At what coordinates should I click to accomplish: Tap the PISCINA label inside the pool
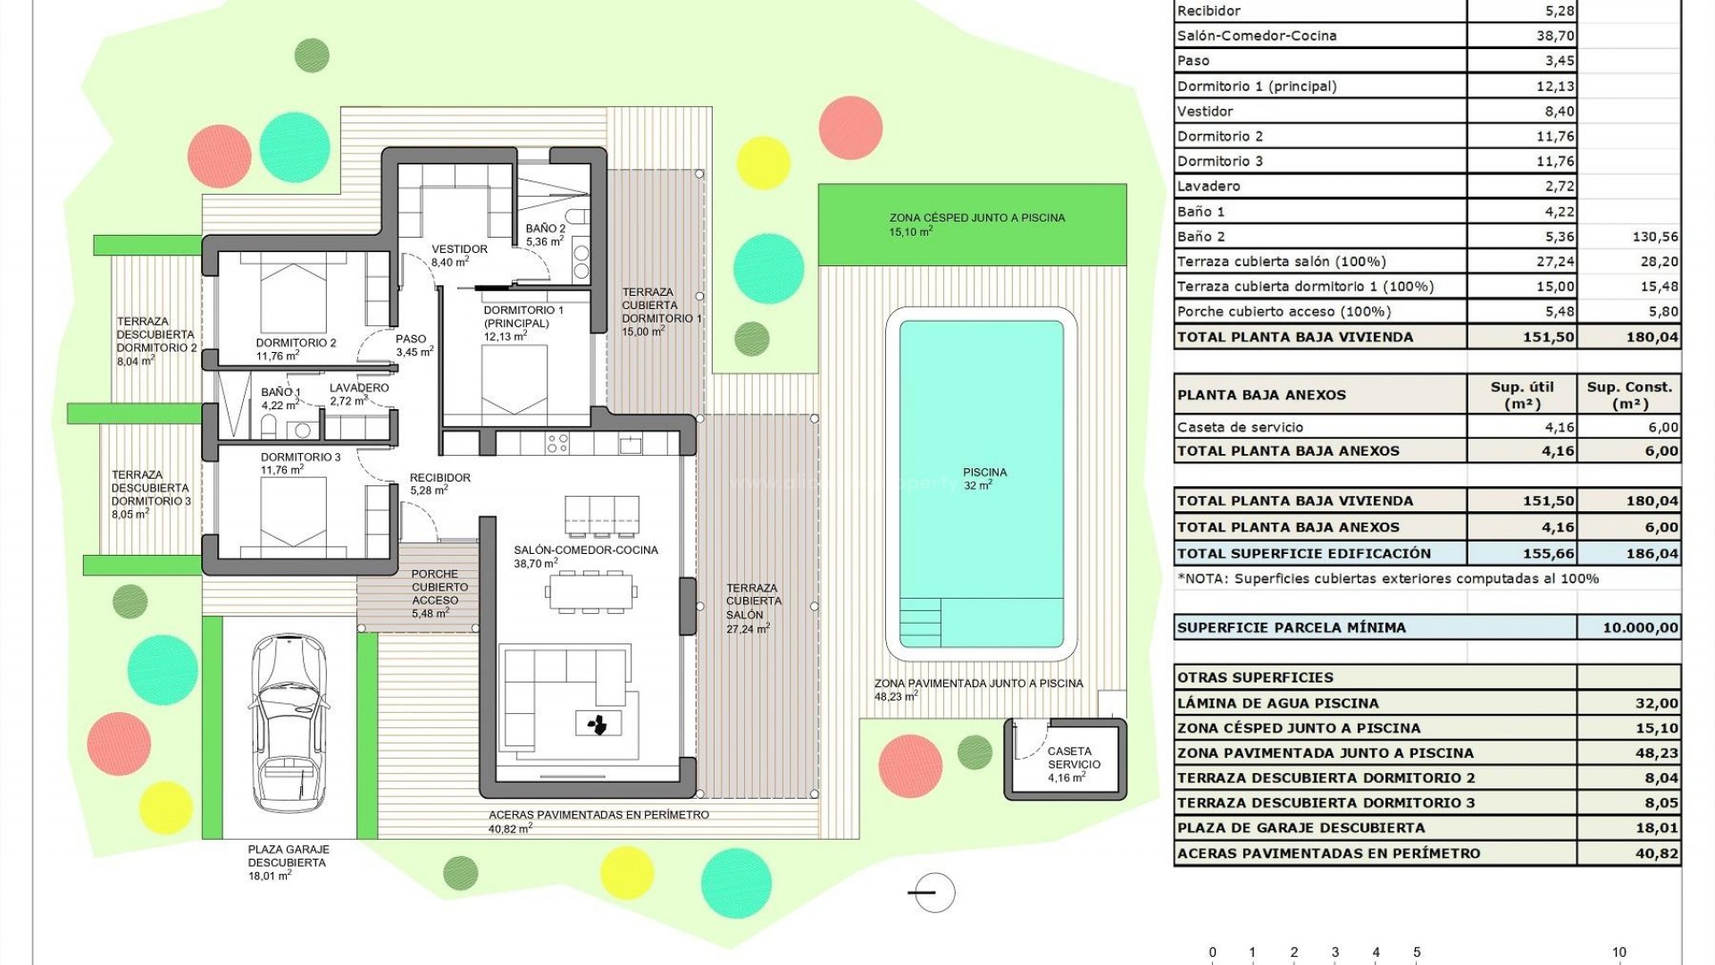point(984,473)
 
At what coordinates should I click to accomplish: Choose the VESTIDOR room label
point(459,249)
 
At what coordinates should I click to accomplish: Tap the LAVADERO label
point(359,388)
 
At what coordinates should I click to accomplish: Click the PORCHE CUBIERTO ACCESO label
point(435,587)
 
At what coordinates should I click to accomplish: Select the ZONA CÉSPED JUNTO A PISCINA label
point(976,217)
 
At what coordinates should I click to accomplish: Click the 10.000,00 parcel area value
point(1640,627)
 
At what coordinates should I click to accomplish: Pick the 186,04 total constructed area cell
point(1652,554)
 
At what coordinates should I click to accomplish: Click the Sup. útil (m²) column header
point(1521,394)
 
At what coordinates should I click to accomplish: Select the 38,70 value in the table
point(1555,36)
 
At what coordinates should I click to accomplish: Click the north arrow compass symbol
point(933,893)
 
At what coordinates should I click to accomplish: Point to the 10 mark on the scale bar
point(1619,952)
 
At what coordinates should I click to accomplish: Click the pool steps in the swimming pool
point(920,622)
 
